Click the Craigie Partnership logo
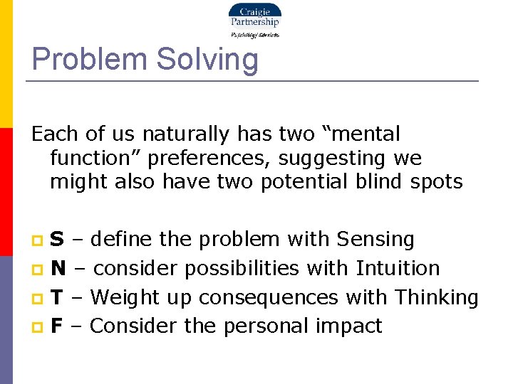[x=254, y=20]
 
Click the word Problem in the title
[x=89, y=59]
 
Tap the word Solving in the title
[x=207, y=59]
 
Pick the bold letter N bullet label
[x=58, y=268]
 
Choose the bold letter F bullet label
[x=56, y=326]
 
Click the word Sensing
[x=375, y=240]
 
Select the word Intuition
[x=398, y=268]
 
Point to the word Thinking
[x=436, y=297]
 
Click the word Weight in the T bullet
[x=127, y=297]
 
